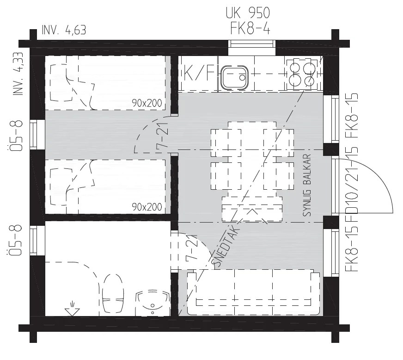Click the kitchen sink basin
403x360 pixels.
click(235, 77)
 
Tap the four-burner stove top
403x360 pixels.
click(303, 73)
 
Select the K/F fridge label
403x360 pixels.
click(199, 73)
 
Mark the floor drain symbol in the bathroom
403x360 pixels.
click(72, 308)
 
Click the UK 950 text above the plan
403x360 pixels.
click(248, 13)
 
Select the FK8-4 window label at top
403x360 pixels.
click(250, 28)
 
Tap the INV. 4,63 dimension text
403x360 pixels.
click(64, 30)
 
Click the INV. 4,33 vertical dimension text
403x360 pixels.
click(18, 74)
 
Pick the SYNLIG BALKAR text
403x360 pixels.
click(307, 185)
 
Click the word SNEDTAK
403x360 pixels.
click(225, 247)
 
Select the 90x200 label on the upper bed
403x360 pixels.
click(147, 103)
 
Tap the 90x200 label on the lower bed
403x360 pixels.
click(147, 207)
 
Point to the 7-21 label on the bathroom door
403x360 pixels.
click(191, 248)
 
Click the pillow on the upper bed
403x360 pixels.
click(61, 83)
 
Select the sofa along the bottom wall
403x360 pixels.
click(253, 292)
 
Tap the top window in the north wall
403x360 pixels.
click(252, 44)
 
